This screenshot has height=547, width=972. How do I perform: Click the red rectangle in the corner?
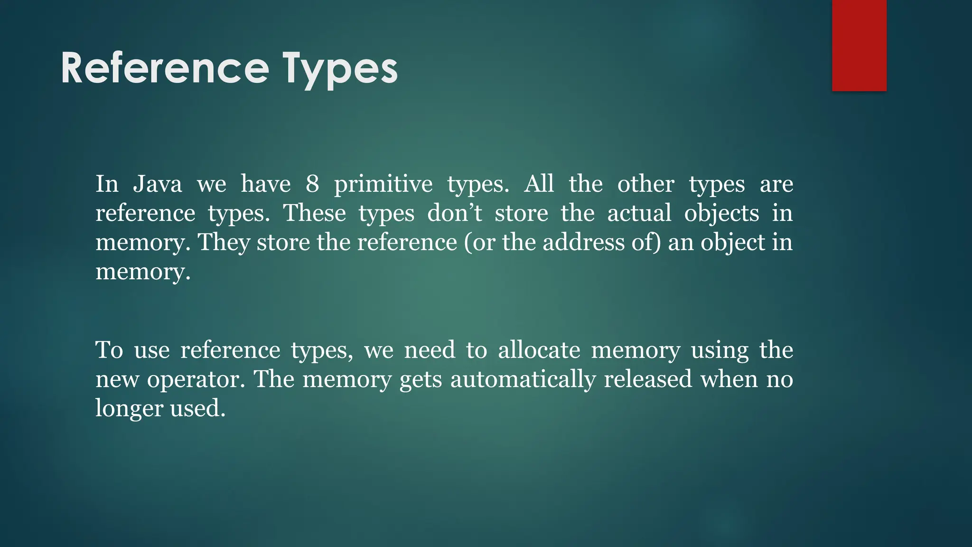[859, 45]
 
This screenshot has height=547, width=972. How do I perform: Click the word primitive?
[383, 185]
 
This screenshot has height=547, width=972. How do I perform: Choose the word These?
[315, 213]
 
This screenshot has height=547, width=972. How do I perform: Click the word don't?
[454, 213]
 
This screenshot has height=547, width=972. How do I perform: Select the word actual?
[639, 213]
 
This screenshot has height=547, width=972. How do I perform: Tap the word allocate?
[539, 350]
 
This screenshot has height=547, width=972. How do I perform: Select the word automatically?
[523, 380]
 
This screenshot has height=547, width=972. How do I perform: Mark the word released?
[648, 379]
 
